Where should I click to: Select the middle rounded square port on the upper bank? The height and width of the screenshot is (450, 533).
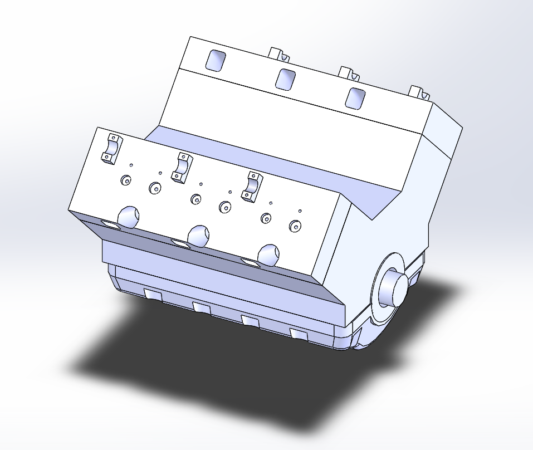(x=285, y=79)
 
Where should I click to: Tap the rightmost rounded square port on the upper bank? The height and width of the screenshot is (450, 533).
(x=355, y=97)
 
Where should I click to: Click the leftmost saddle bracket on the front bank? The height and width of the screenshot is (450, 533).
(x=111, y=149)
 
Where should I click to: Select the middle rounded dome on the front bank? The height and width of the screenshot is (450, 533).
(x=199, y=235)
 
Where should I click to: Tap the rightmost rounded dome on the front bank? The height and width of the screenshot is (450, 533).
(x=269, y=254)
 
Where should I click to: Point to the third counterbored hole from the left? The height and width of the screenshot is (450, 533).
(x=195, y=199)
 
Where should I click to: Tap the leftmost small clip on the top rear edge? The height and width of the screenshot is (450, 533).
(x=280, y=55)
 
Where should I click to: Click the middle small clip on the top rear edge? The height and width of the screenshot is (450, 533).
(x=350, y=73)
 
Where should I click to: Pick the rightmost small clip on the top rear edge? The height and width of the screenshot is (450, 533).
(x=419, y=91)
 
